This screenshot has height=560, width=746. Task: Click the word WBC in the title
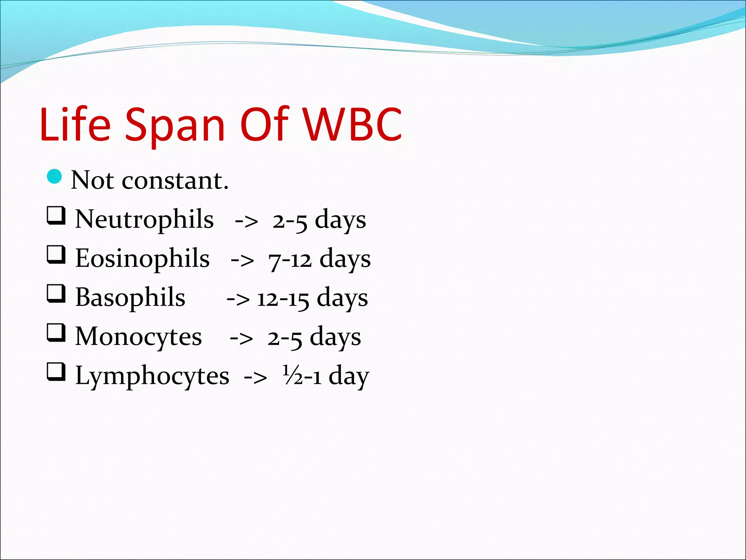tap(353, 125)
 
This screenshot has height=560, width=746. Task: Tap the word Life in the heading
tap(75, 125)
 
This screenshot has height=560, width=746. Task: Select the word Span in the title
tap(175, 126)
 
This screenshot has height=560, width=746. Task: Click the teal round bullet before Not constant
tap(55, 177)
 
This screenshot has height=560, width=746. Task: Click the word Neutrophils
tap(144, 220)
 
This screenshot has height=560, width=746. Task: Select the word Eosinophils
tap(142, 259)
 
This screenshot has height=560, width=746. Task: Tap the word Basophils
tap(130, 298)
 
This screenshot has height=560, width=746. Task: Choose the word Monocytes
tap(138, 337)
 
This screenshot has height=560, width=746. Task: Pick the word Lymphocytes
tap(152, 376)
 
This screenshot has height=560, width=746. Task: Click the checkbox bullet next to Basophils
tap(56, 294)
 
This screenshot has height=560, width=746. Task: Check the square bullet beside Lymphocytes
tap(56, 372)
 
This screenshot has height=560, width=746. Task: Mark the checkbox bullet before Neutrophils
tap(56, 216)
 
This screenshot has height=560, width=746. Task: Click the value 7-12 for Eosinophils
tap(290, 260)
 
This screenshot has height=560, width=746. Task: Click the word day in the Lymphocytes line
tap(349, 376)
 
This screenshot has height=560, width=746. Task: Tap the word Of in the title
tap(264, 125)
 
